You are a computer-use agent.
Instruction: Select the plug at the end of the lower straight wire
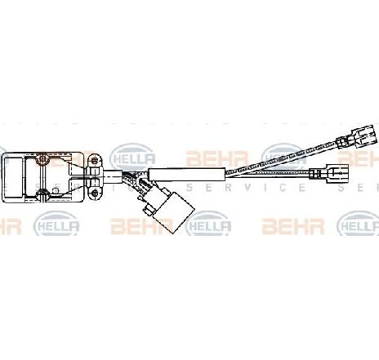coord(337,173)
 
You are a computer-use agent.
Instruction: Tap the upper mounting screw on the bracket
coord(94,160)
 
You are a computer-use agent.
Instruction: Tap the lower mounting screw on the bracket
coord(95,193)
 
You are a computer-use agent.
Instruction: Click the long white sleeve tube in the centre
coord(187,175)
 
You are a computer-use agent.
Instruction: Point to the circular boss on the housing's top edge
coord(42,159)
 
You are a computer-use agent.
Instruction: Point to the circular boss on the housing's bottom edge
coord(42,193)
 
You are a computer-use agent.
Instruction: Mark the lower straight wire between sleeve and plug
coord(268,173)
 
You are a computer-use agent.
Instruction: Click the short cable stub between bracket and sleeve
coord(112,176)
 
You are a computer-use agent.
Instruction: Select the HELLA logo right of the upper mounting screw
coord(132,158)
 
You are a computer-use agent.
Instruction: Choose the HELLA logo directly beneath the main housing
coord(56,225)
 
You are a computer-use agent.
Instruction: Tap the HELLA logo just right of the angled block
coord(208,225)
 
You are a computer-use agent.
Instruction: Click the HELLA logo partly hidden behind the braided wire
coord(283,158)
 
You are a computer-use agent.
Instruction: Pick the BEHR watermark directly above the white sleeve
coord(217,158)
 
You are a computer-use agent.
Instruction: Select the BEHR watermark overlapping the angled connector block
coord(142,226)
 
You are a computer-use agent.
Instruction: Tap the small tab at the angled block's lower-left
coord(148,210)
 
